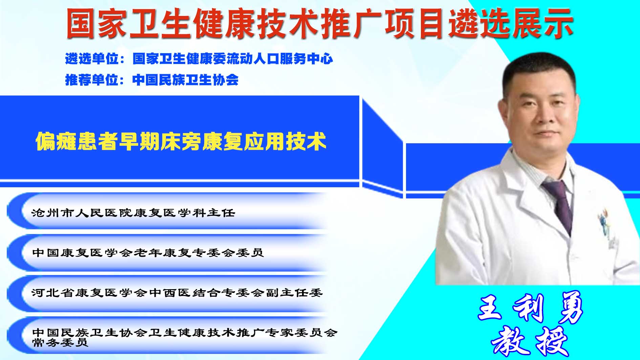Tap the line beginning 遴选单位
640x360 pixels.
(199, 59)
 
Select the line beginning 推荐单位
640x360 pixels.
(152, 80)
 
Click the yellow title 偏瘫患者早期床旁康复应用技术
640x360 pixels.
(181, 141)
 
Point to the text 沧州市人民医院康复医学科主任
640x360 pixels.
(133, 213)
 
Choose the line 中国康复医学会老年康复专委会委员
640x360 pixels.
(148, 253)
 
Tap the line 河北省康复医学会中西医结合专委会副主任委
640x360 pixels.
(177, 293)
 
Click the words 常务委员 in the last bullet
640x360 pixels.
(60, 342)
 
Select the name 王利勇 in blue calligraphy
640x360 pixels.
(530, 308)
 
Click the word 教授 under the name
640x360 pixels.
(530, 341)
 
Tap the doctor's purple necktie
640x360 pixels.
(559, 204)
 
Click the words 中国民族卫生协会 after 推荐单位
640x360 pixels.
(186, 80)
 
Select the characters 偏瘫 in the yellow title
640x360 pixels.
(56, 141)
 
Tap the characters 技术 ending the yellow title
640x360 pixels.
(306, 141)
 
